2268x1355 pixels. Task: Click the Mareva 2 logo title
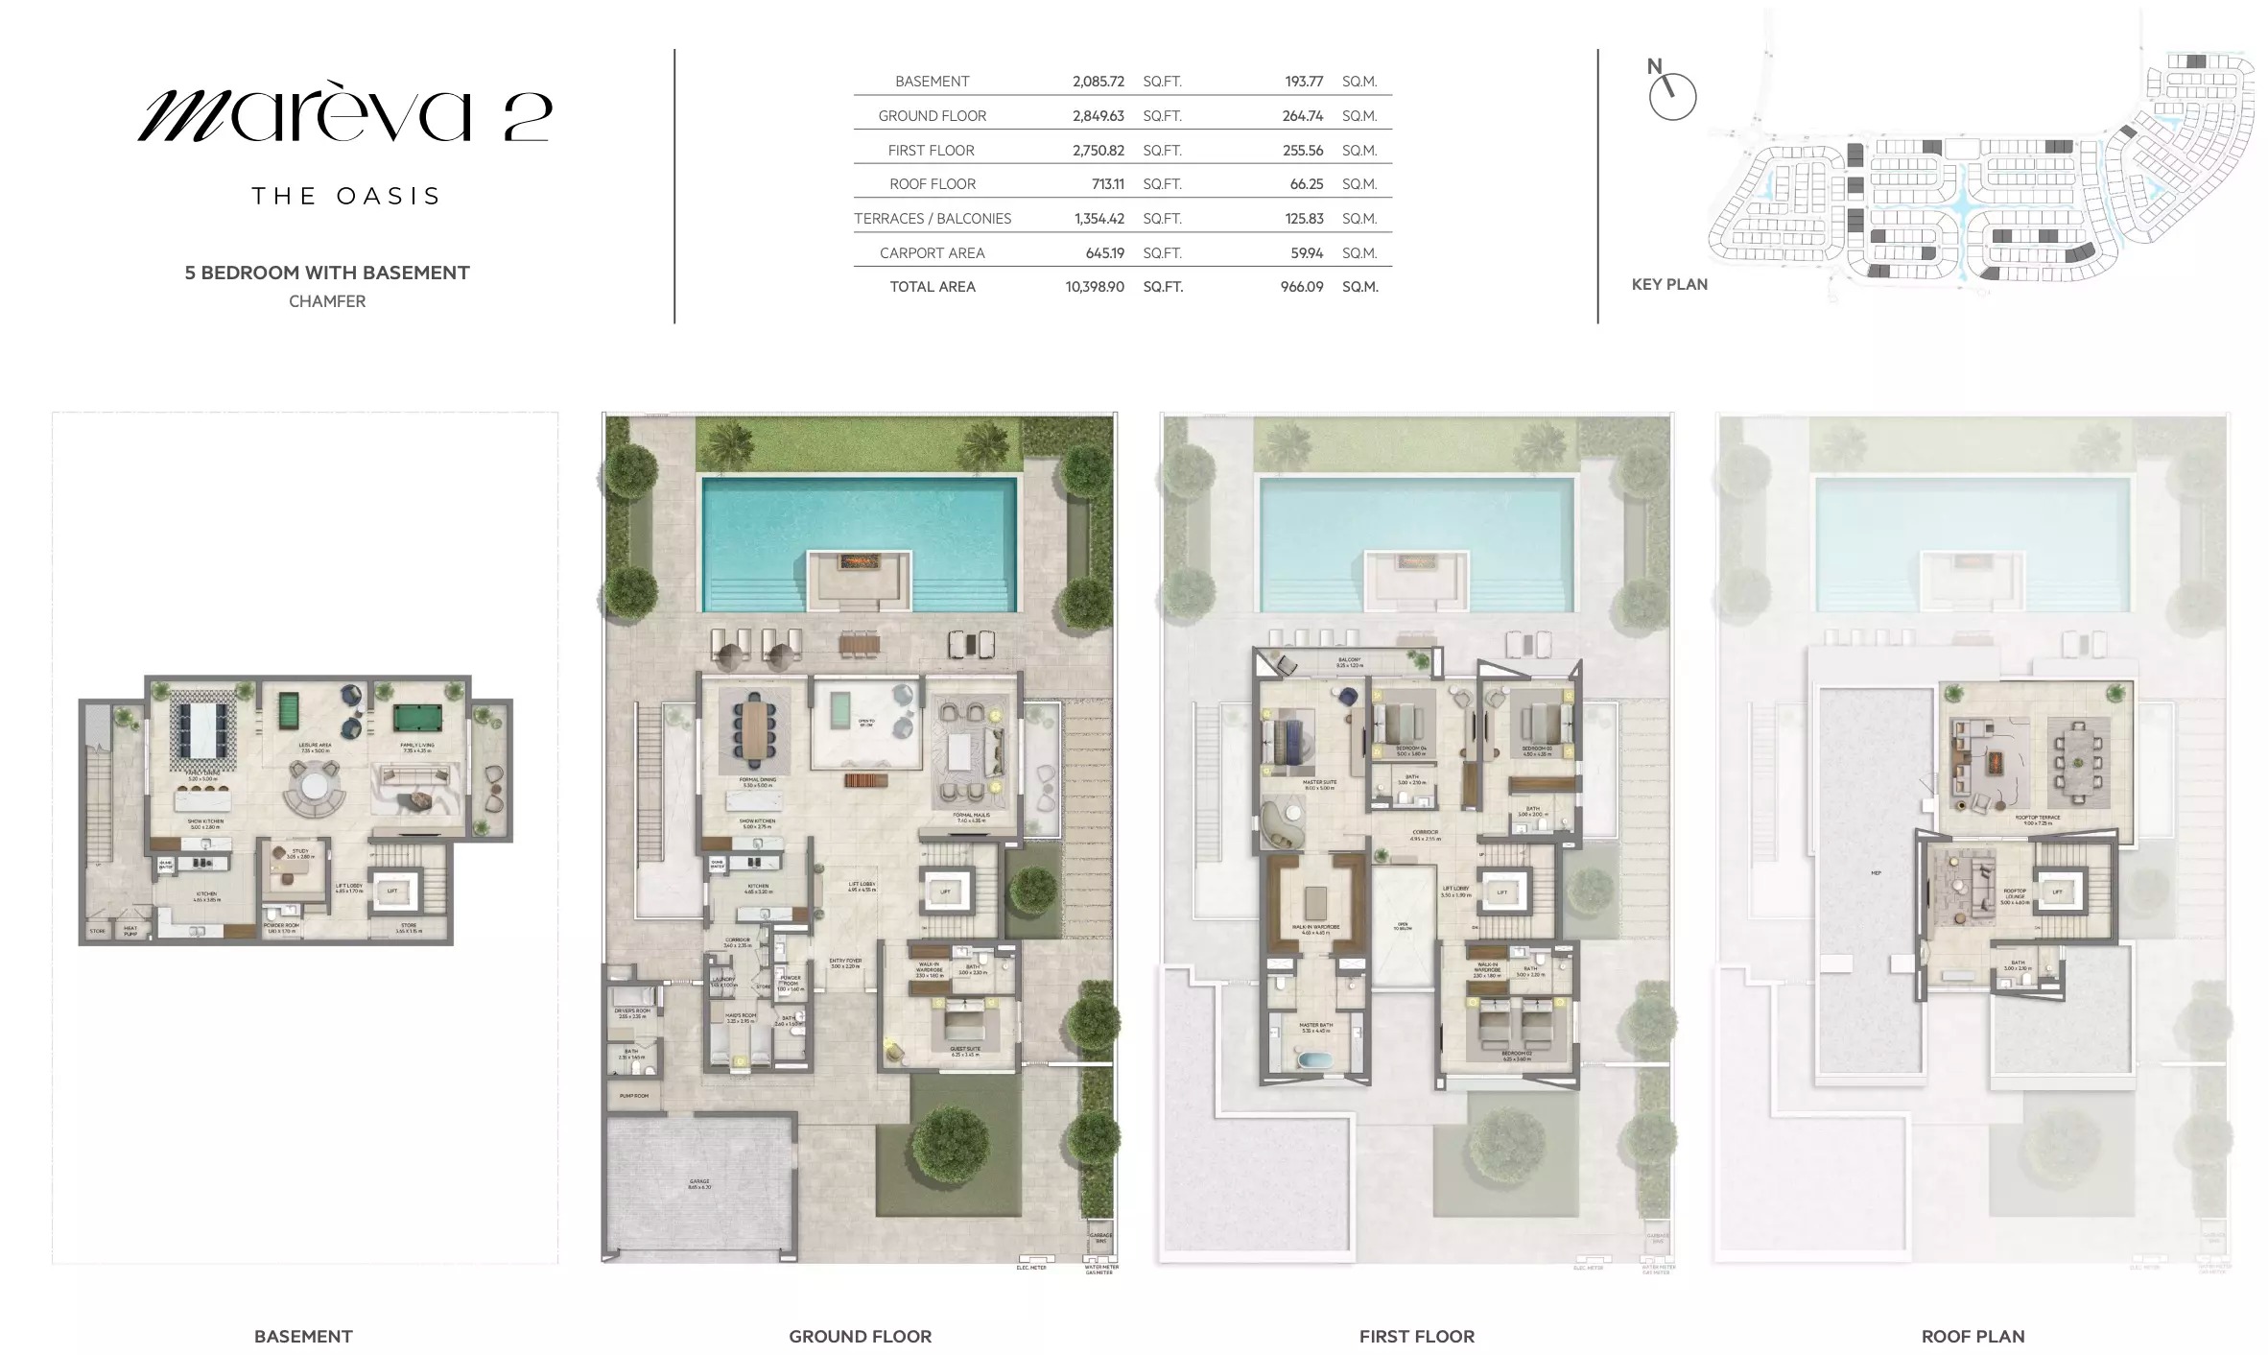point(344,116)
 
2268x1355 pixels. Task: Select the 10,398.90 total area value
point(1094,287)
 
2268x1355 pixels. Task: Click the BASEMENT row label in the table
point(932,82)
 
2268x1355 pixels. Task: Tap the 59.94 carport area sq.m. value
point(1306,253)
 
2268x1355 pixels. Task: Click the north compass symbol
point(1671,96)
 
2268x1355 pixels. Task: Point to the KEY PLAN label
point(1668,284)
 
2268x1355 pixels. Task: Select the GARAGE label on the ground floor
point(698,1183)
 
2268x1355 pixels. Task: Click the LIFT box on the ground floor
point(945,892)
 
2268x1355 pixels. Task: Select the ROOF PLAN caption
point(1973,1336)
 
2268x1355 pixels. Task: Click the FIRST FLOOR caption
point(1416,1336)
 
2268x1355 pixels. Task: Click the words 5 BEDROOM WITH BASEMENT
point(327,273)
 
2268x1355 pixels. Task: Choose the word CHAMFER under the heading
point(327,301)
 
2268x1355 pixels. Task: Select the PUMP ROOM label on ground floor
point(633,1096)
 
